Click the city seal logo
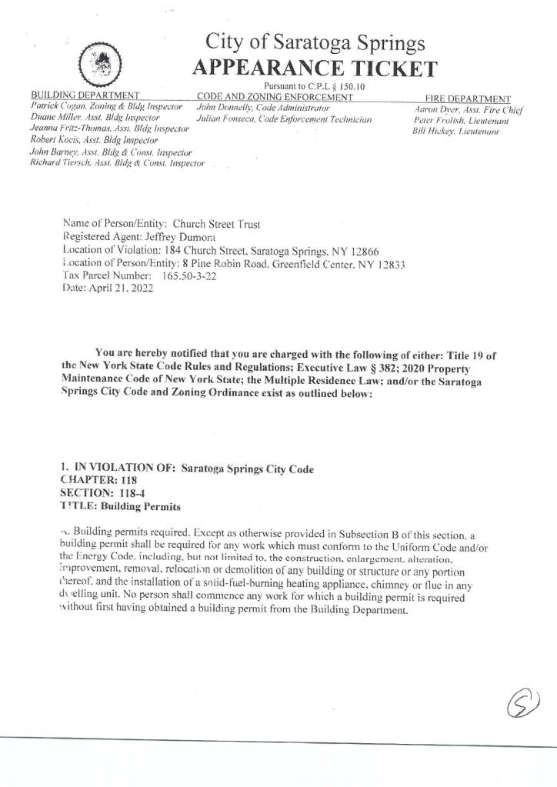(x=99, y=62)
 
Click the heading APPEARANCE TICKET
(x=315, y=68)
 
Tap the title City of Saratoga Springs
(x=315, y=42)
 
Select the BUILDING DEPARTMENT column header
(x=83, y=96)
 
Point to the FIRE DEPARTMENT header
(x=467, y=98)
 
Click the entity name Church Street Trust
(x=217, y=224)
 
